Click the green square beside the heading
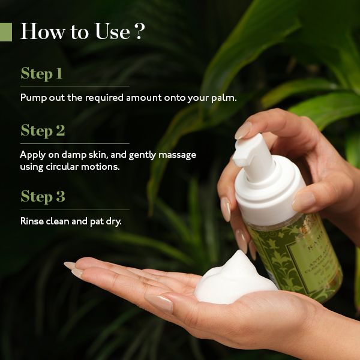pos(6,32)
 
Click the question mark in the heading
pos(139,32)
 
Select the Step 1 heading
pos(41,74)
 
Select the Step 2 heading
pos(43,130)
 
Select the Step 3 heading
pos(43,196)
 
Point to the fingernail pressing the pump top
pos(242,130)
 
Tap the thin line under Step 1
pos(74,86)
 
